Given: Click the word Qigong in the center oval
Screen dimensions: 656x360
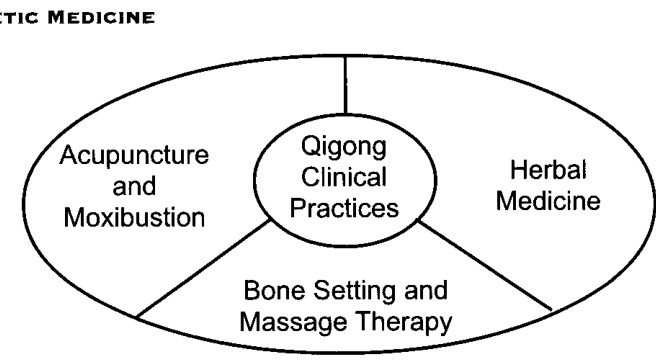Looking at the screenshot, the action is (343, 147).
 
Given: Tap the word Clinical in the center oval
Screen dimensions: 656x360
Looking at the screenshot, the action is (344, 177).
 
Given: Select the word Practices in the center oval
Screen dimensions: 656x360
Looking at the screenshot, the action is (344, 208).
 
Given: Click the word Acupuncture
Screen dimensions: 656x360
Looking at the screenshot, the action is (134, 156).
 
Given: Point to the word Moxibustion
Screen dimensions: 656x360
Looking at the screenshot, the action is (134, 218).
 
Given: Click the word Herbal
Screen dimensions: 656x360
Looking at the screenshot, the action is (548, 170).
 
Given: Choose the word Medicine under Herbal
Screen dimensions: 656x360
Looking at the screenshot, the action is (548, 201).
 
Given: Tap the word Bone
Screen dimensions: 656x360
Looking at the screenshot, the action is (274, 290).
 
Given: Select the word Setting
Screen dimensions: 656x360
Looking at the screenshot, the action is (355, 291).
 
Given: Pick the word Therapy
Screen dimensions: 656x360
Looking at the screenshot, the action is (405, 322).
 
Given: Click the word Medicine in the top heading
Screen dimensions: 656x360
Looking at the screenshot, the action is (101, 18).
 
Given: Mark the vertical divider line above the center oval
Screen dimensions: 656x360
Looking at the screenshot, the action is (345, 85).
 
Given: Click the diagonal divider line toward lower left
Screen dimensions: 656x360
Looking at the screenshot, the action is (203, 268).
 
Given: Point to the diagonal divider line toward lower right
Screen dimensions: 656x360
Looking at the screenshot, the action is (485, 266).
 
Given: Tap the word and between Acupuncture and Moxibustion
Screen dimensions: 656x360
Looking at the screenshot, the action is (134, 186).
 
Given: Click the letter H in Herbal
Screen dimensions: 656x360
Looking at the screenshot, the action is (518, 170).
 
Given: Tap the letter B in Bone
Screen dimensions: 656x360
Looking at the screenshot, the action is (251, 290).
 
